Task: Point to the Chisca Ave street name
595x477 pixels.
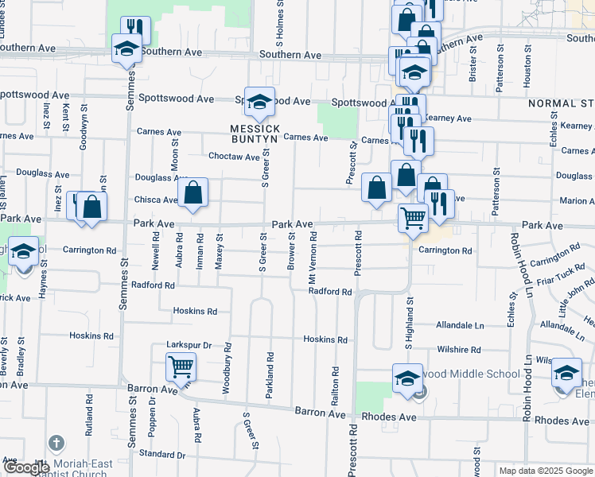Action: point(155,200)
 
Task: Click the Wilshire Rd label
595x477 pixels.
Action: point(459,349)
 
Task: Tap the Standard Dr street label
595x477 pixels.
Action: point(161,455)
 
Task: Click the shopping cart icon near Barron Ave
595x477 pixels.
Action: point(181,367)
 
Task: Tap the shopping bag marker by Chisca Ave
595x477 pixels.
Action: point(192,192)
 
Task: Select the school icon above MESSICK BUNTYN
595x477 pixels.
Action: point(259,102)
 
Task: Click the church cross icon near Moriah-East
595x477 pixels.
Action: point(56,443)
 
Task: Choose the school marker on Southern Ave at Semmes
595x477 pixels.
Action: point(126,49)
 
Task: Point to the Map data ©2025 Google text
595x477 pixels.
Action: point(545,471)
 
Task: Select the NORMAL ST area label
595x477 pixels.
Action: point(561,103)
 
